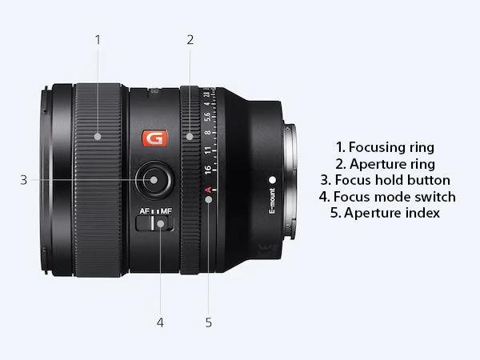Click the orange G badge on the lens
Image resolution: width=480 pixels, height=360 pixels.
[153, 138]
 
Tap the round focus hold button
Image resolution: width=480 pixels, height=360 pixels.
[154, 180]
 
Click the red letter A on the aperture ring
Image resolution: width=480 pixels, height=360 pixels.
[208, 190]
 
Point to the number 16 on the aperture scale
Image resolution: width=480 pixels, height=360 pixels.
[208, 170]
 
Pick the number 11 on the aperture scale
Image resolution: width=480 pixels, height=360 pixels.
[208, 150]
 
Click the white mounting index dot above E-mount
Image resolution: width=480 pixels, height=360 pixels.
[272, 180]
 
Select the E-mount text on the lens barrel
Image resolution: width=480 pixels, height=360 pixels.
[272, 206]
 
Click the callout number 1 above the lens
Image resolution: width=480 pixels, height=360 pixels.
[98, 38]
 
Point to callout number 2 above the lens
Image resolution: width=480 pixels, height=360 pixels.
[190, 38]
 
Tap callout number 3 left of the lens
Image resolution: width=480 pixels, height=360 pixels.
[24, 180]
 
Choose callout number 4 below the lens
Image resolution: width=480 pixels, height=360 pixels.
[160, 322]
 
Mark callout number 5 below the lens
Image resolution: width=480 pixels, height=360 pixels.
[208, 322]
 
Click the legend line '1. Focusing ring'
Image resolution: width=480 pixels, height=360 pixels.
[386, 147]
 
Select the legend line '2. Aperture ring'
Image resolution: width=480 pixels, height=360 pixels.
[386, 164]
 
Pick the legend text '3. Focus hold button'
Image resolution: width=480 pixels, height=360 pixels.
[386, 180]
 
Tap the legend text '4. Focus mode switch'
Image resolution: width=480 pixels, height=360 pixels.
[386, 197]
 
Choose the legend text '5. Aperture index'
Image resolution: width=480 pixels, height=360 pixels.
[386, 214]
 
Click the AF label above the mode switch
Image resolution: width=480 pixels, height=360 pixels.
[145, 211]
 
